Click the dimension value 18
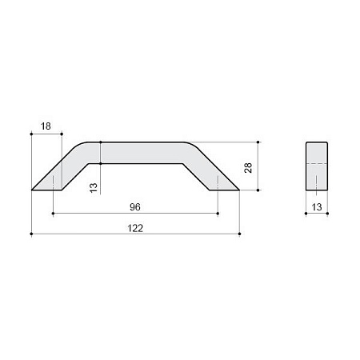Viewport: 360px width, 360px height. click(x=46, y=126)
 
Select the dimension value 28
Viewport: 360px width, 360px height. click(x=248, y=168)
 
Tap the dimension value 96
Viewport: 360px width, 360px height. click(x=135, y=207)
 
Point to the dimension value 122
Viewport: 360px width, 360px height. click(x=135, y=228)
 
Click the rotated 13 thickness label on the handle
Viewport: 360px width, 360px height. click(x=94, y=188)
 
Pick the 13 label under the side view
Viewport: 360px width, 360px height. click(x=317, y=207)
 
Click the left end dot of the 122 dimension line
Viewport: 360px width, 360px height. click(x=31, y=234)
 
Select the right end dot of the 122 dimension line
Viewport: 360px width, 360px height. click(x=239, y=234)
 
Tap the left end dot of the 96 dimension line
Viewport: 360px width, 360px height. click(x=53, y=214)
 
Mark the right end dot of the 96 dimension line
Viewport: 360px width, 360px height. click(x=218, y=214)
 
